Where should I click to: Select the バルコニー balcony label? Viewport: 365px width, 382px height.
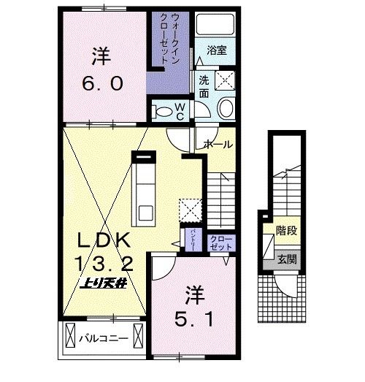[x=109, y=339]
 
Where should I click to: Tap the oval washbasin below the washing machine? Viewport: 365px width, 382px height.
[x=226, y=110]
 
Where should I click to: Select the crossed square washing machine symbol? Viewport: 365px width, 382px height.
[x=224, y=80]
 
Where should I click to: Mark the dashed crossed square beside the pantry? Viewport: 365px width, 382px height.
[x=191, y=210]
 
